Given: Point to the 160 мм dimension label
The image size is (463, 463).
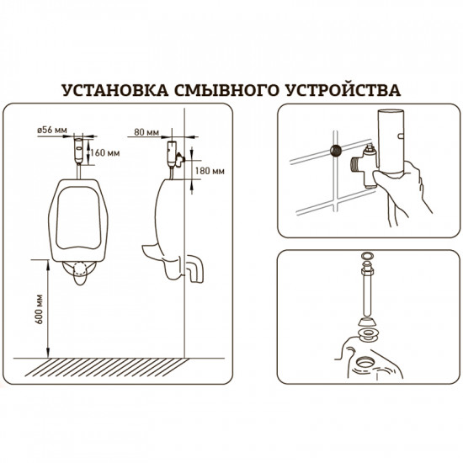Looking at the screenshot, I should [x=107, y=153].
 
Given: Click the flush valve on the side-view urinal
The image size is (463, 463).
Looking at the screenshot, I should [x=173, y=155].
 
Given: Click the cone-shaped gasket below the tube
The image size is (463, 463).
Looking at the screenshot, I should [x=368, y=319].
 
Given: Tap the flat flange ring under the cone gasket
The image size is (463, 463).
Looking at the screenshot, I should [x=368, y=334].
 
